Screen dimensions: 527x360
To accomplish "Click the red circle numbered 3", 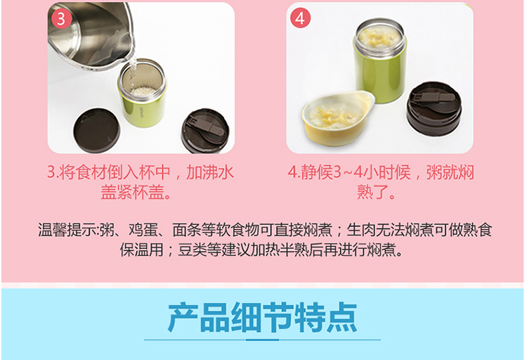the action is pos(61,18).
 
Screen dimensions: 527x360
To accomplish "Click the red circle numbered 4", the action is pos(300,18).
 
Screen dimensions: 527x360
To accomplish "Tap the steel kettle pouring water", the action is pos(91,34).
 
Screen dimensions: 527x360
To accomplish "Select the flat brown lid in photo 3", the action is pos(96,130).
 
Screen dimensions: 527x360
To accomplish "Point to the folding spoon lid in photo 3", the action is pos(206,131).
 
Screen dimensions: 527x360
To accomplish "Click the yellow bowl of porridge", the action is pos(338,117).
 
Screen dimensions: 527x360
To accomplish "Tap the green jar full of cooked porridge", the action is pos(379,60).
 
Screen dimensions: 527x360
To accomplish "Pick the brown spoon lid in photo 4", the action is pos(434,108).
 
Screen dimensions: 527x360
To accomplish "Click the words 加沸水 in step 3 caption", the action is pos(209,172).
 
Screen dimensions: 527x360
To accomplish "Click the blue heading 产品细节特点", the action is pos(263,317).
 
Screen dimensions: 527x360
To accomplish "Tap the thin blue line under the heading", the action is pos(263,340).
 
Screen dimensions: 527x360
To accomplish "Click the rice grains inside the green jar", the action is pos(143,91).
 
